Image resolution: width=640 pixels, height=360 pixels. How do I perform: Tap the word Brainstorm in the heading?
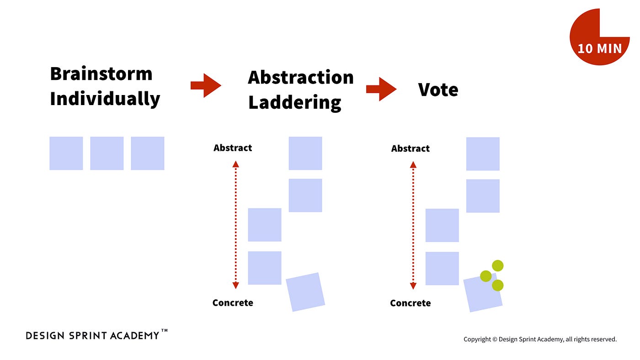[101, 74]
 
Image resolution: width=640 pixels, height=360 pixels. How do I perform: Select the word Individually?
[105, 99]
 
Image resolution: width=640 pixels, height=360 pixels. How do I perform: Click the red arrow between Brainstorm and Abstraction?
[206, 85]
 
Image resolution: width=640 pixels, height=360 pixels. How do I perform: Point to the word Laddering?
[295, 102]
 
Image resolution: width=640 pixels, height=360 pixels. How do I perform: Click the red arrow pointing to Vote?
[381, 89]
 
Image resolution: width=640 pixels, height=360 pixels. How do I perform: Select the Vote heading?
[438, 90]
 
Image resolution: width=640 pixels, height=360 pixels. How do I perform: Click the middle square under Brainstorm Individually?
[107, 154]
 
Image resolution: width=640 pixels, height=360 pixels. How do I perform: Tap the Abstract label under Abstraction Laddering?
[233, 148]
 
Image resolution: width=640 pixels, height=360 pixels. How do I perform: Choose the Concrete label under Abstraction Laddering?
[233, 302]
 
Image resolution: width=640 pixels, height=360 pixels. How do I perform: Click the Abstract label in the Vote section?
[411, 148]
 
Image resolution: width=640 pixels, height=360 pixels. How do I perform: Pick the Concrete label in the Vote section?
[411, 303]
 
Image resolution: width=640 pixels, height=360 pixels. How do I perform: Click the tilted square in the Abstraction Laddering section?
[305, 292]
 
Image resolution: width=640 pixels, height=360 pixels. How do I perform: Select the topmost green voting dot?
[497, 265]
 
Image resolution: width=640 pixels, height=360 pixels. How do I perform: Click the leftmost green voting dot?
[486, 276]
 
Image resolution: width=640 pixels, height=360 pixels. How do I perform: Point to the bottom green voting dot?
[497, 286]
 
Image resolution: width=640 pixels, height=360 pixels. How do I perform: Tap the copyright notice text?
[540, 339]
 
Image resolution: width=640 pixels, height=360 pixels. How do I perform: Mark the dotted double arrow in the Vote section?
[413, 225]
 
